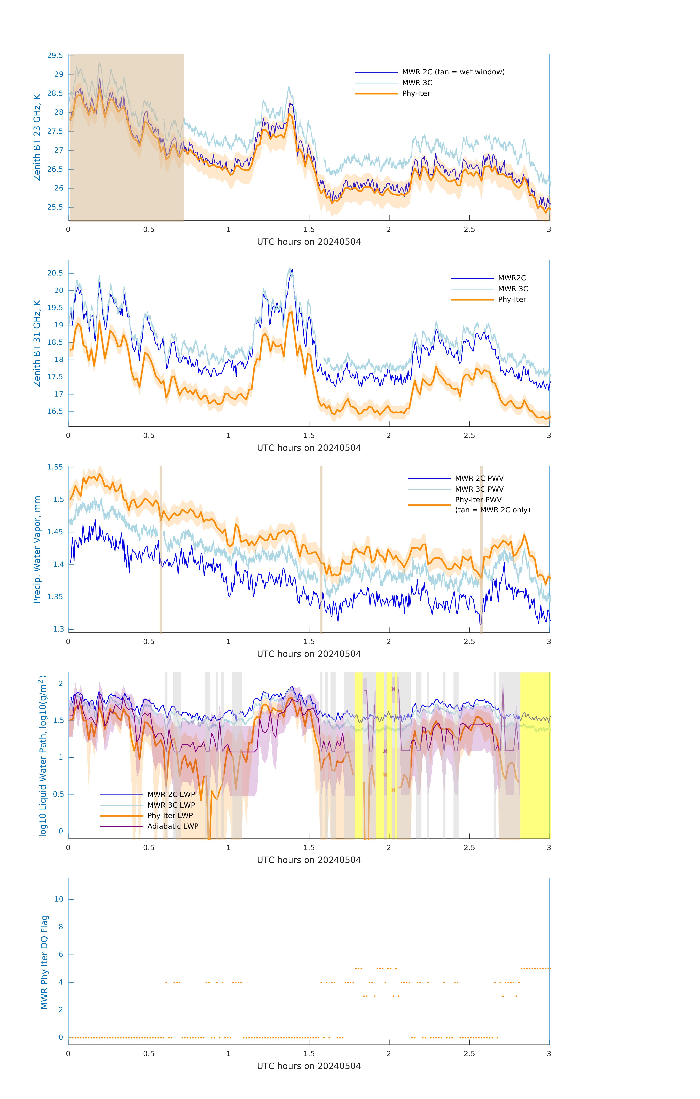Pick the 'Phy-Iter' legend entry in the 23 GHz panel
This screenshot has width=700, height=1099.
click(x=416, y=94)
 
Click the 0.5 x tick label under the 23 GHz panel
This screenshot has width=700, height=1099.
click(x=149, y=230)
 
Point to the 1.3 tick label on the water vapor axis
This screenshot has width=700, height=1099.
click(x=58, y=629)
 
